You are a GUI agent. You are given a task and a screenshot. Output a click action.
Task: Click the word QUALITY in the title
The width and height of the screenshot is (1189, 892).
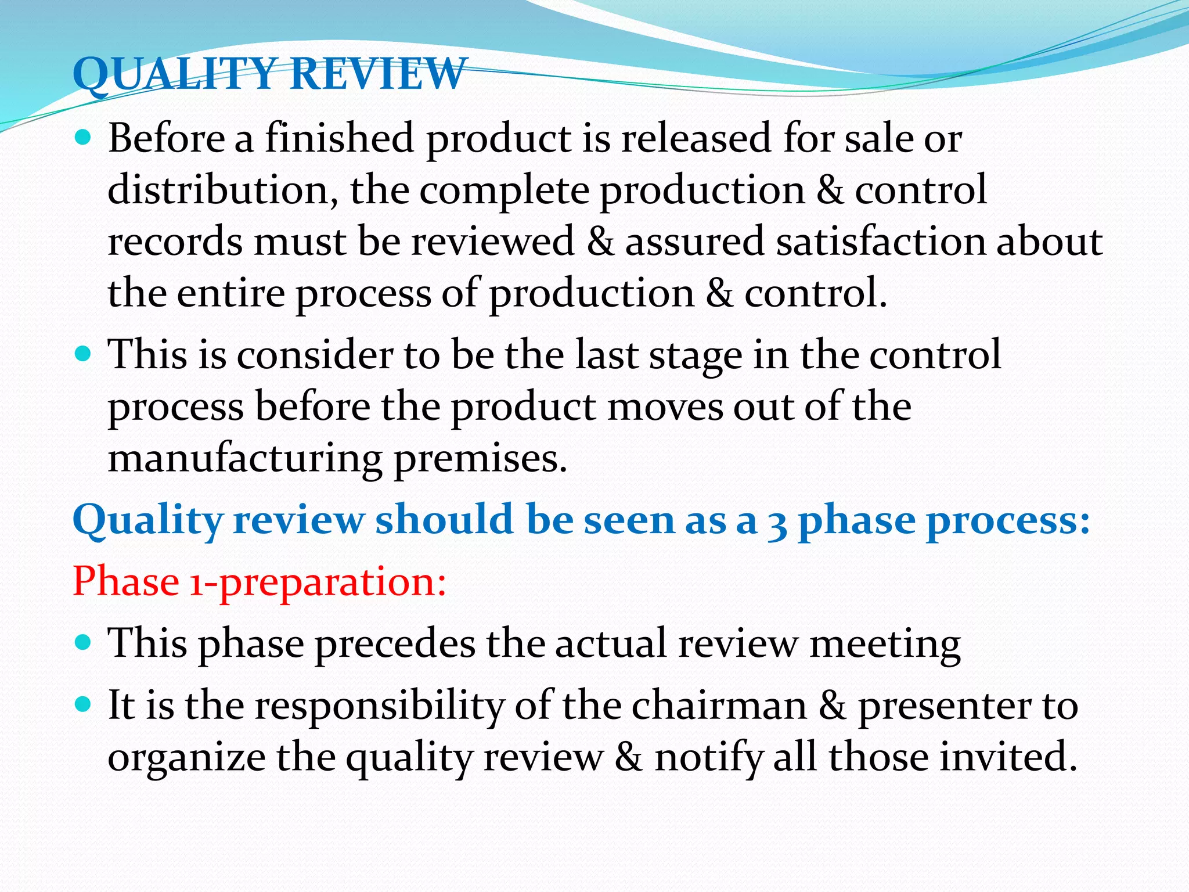click(x=174, y=74)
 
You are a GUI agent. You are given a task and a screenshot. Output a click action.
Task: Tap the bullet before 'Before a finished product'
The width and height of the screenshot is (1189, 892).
click(x=84, y=138)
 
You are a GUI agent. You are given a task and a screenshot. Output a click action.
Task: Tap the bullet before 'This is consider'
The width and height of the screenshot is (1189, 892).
click(x=84, y=354)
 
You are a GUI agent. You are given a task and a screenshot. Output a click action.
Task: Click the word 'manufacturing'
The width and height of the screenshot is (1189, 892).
click(x=244, y=458)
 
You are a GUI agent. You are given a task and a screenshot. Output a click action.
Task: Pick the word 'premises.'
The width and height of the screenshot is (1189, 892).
click(x=480, y=459)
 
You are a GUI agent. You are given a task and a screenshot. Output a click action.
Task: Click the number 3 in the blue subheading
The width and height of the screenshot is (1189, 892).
click(x=777, y=521)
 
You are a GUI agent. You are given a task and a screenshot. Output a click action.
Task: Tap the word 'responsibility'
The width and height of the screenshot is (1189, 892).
click(x=380, y=707)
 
